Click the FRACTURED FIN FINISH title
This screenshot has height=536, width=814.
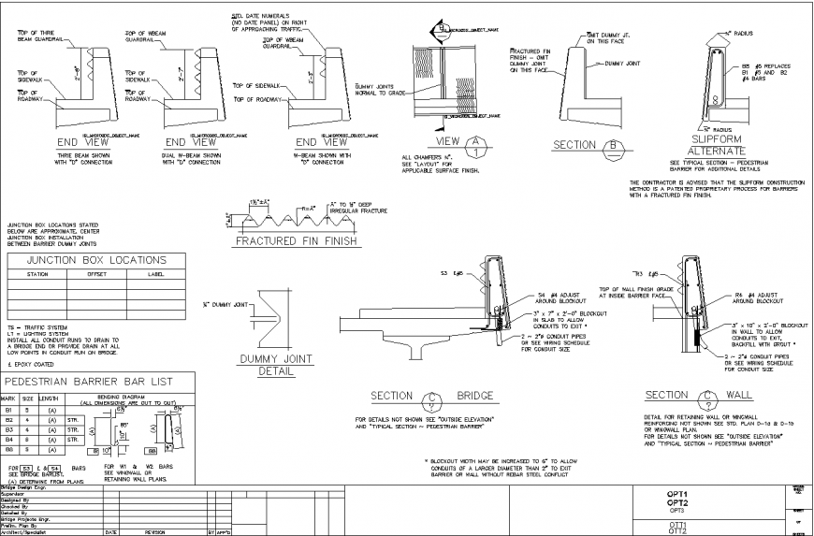coord(296,241)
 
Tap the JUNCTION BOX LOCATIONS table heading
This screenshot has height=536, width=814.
coord(97,260)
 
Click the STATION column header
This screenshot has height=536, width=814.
coord(38,274)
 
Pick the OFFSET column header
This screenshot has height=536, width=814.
coord(97,274)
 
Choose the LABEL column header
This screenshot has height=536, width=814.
coord(157,274)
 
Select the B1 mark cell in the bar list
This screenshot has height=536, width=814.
coord(10,410)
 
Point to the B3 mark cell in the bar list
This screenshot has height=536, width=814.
coord(10,428)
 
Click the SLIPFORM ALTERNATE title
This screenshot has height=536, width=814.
coord(716,145)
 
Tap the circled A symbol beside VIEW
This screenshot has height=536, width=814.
coord(478,145)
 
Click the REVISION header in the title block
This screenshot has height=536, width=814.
coord(154,531)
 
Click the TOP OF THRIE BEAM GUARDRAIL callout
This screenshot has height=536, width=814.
coord(38,36)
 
